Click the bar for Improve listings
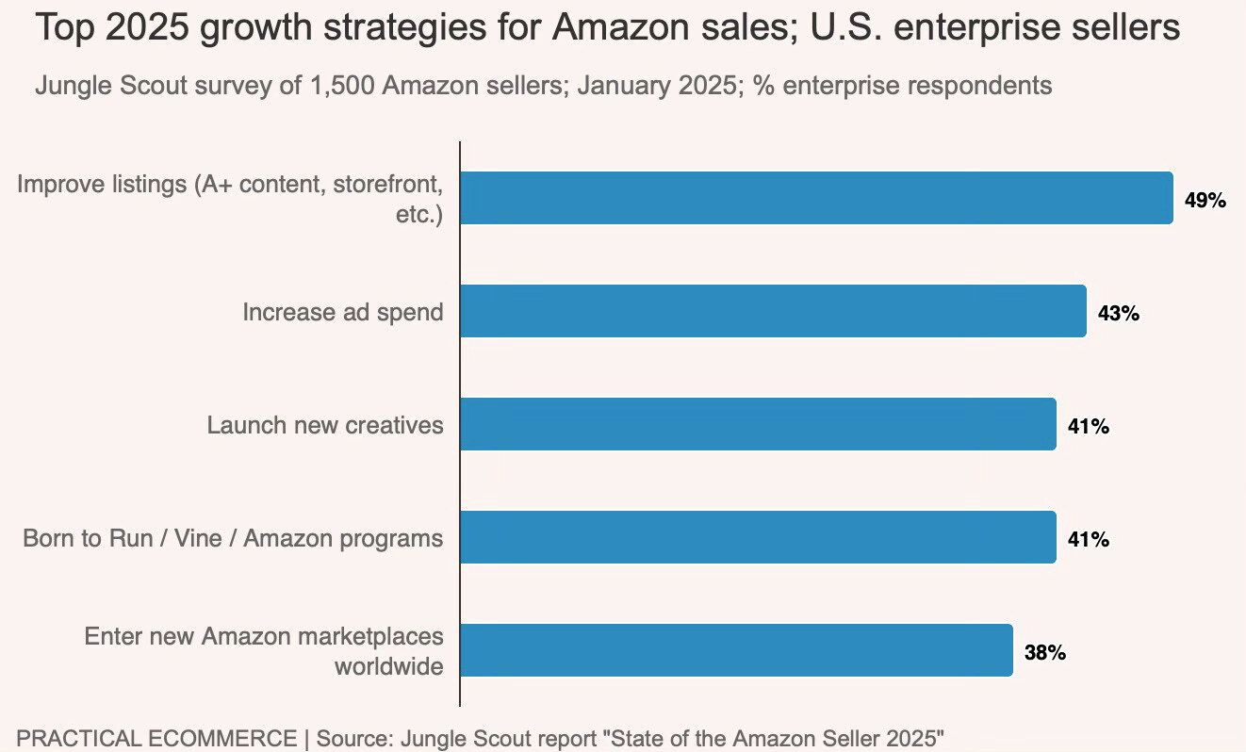(816, 198)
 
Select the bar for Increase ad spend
(773, 311)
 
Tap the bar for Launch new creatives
(758, 424)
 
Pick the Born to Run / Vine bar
(758, 537)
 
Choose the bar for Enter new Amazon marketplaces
(736, 650)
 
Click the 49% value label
(1205, 200)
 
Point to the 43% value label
(1118, 313)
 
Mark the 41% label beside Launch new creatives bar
(1088, 426)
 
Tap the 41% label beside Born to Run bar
(1088, 539)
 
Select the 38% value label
(1044, 652)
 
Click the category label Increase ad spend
(342, 312)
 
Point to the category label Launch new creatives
(324, 425)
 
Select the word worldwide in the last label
(388, 666)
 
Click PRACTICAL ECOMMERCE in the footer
(156, 738)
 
